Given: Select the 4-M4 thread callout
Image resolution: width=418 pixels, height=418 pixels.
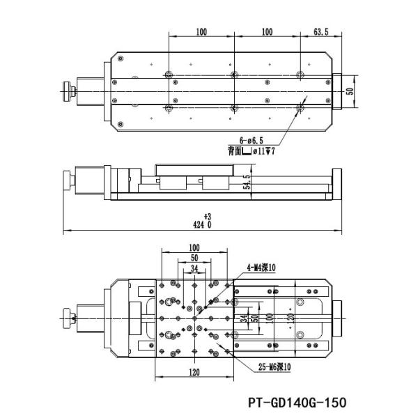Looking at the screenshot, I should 262,268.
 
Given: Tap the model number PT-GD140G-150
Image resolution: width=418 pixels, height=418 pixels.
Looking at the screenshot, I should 297,403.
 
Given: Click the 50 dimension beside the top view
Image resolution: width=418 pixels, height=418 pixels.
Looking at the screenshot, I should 350,90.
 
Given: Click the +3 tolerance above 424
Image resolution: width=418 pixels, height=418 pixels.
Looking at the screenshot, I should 207,217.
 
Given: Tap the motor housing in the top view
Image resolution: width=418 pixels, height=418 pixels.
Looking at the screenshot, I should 88,90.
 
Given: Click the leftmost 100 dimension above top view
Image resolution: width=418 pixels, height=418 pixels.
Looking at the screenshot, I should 201,32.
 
